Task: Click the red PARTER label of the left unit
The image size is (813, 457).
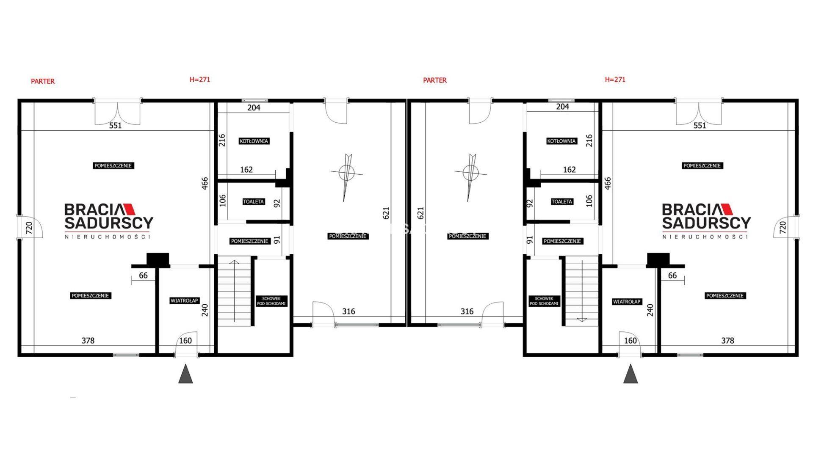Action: pos(43,81)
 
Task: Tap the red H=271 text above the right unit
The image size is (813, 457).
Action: pos(615,79)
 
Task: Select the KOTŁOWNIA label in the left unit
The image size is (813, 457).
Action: pos(254,141)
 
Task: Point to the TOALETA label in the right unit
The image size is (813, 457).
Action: pos(562,202)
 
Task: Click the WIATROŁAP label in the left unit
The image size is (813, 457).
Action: pos(184,301)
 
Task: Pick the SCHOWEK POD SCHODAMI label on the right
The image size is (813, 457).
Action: pos(544,301)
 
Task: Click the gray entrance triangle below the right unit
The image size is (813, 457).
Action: pos(630,374)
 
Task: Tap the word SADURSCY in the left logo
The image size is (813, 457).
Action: pos(109,223)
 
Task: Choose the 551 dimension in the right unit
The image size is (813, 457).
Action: pos(700,125)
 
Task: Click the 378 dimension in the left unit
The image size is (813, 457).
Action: pos(88,340)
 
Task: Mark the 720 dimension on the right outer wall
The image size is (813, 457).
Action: pos(783,228)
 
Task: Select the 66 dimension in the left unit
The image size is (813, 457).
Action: pos(143,275)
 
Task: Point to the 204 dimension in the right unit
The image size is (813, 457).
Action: pos(562,107)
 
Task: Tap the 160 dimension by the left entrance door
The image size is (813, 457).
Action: pos(185,341)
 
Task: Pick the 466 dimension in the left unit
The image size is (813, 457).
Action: pos(205,183)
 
